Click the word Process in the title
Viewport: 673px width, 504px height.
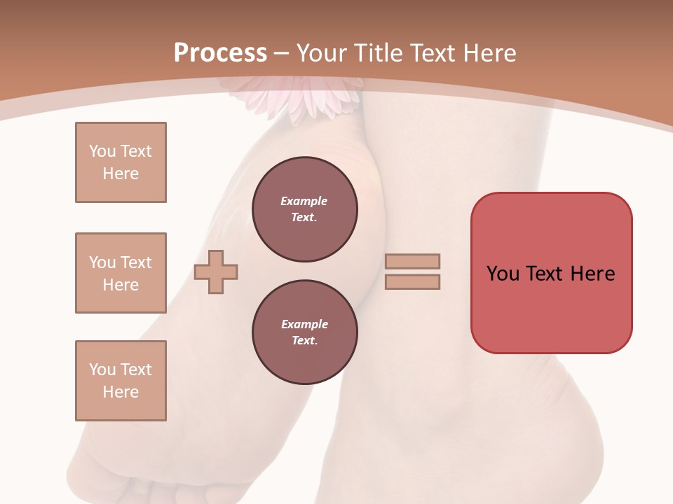click(x=220, y=53)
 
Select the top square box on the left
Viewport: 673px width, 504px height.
click(x=121, y=162)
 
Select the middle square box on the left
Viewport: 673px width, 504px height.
click(x=121, y=273)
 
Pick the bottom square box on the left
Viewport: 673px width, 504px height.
click(x=121, y=381)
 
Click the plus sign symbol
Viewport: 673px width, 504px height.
click(x=216, y=272)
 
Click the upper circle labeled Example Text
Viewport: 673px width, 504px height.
click(x=304, y=209)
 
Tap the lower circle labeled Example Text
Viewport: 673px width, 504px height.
click(x=304, y=332)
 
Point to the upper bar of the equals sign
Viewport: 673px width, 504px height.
click(x=412, y=262)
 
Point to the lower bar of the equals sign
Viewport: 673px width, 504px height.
click(x=412, y=282)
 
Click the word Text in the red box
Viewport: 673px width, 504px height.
click(x=546, y=274)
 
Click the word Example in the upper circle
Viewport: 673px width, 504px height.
click(x=304, y=201)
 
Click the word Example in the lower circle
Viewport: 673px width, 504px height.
click(x=304, y=324)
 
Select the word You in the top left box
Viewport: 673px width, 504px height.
click(x=102, y=151)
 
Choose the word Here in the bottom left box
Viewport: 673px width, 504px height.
click(x=121, y=392)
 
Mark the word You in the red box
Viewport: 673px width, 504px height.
click(x=503, y=274)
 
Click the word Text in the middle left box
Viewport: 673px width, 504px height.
click(x=136, y=262)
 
